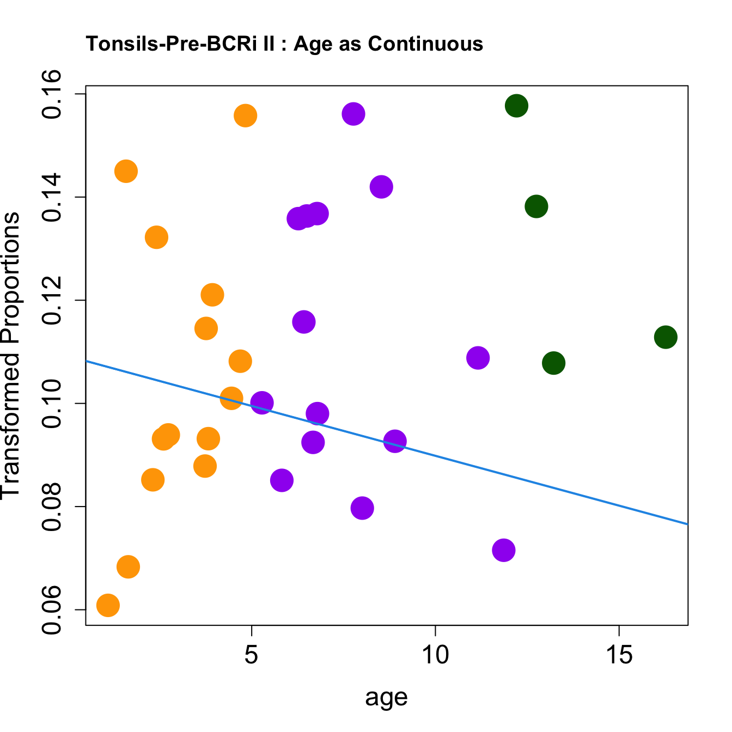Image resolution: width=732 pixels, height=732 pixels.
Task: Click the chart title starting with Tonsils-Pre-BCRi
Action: tap(284, 44)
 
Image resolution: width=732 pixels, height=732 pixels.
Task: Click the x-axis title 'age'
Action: tap(386, 697)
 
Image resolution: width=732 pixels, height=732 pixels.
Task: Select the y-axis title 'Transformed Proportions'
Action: tap(11, 355)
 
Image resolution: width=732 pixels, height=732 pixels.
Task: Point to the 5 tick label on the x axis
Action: tap(251, 655)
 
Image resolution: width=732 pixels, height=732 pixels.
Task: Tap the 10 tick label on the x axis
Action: tap(435, 655)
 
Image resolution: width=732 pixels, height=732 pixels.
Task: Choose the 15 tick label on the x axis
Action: tap(619, 655)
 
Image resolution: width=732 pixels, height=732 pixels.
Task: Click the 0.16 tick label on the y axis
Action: tap(54, 94)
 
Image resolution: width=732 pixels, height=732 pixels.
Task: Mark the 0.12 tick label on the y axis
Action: tap(54, 300)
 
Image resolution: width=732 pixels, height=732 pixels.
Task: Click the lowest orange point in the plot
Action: tap(108, 605)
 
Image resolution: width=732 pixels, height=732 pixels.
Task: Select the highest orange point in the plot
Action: tap(246, 115)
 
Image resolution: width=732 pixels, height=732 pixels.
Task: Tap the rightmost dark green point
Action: tap(666, 337)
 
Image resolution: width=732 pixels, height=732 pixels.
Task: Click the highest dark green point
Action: tap(516, 106)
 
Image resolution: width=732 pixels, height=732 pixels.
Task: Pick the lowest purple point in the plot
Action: tap(504, 550)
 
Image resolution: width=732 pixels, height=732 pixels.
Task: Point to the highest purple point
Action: tap(353, 114)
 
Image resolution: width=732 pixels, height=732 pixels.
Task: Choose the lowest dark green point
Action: tap(554, 363)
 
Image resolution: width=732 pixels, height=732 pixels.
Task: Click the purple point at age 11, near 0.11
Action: tap(478, 358)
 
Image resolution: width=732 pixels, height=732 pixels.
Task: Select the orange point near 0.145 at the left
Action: tap(126, 172)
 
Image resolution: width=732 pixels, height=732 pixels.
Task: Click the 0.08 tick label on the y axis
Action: tap(54, 507)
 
